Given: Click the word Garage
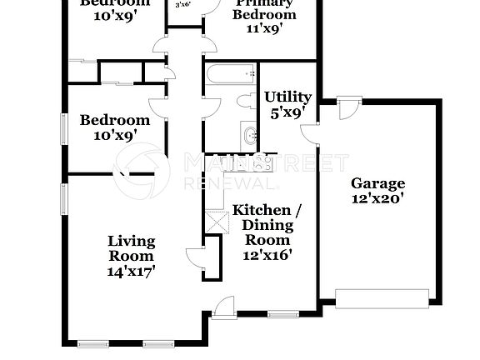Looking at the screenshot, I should coord(377,183).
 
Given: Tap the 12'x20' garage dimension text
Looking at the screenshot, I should coord(377,198).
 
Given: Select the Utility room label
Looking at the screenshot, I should coord(288,97).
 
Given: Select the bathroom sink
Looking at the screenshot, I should coord(250,133).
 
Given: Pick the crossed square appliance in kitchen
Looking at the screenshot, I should coord(217,222).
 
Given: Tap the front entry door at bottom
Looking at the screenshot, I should coord(223,308).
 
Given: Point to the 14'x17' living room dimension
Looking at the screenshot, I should coord(132,270).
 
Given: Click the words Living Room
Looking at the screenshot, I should coord(132,249).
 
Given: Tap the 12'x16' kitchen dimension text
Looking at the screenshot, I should coord(267,254).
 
